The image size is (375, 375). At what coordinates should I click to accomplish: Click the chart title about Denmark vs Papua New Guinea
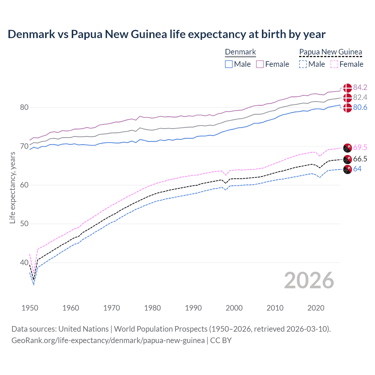click(x=166, y=34)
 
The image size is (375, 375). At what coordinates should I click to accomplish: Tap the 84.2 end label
click(x=360, y=87)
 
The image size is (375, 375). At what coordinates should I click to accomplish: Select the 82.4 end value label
click(x=360, y=97)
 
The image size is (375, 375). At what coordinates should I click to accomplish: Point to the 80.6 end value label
click(x=360, y=108)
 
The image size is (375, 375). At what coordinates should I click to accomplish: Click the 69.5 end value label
click(x=360, y=147)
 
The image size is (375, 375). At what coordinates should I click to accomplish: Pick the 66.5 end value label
click(x=360, y=159)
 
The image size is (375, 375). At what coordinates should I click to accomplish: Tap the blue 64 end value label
click(x=357, y=169)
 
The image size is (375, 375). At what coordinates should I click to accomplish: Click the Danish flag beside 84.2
click(x=347, y=88)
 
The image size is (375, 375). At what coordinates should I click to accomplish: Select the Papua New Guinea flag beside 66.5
click(x=347, y=159)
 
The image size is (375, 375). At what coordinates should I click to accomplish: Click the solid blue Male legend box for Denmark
click(x=229, y=64)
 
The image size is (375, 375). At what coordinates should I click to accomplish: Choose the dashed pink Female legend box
click(x=334, y=64)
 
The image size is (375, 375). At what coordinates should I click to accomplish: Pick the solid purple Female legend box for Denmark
click(x=260, y=64)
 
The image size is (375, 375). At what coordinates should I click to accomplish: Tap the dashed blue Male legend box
click(x=303, y=64)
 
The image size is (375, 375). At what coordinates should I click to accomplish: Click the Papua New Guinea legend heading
click(x=330, y=52)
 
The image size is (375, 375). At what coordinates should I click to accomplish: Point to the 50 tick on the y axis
click(x=24, y=224)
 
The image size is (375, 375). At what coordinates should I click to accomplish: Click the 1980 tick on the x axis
click(x=152, y=308)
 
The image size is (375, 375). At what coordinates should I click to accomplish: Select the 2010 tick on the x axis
click(x=275, y=308)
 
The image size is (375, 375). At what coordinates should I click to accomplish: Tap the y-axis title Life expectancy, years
click(x=12, y=187)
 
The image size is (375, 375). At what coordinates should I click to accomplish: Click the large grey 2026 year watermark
click(x=309, y=280)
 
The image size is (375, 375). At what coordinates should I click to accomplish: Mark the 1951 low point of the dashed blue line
click(x=34, y=285)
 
